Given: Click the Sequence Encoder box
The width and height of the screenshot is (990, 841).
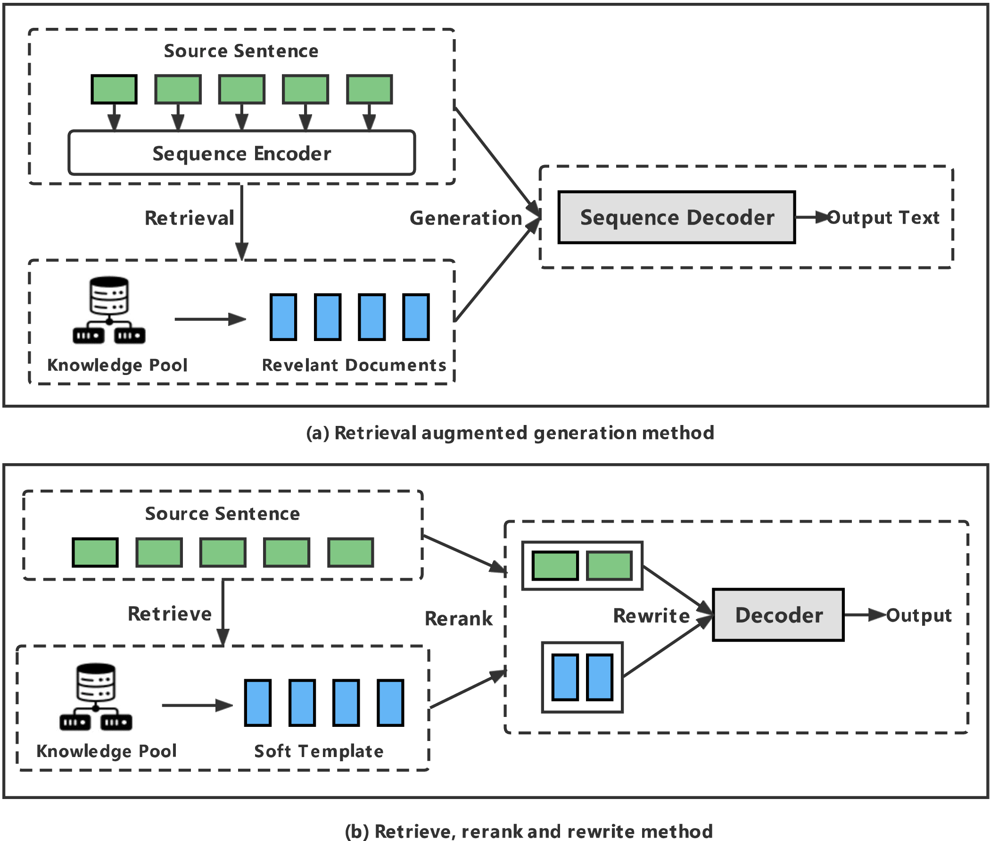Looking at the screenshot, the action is coord(241,152).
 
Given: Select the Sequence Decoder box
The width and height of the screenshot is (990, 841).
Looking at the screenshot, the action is coord(676,217).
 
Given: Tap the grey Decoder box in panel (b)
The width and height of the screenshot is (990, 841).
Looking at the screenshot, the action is coord(778,615).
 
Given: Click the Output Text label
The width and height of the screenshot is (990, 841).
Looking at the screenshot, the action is coord(883,217).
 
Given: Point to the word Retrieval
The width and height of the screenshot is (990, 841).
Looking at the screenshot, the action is coord(189,218).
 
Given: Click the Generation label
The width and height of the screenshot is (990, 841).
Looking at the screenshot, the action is coord(465,218).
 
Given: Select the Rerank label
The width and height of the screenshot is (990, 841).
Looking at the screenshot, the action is coord(458,618).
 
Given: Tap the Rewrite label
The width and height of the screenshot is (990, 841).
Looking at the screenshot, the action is coord(651,616).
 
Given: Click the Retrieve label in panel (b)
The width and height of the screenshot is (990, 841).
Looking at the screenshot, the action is coord(170,614).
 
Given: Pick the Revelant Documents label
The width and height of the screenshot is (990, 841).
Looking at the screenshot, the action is coord(354,365).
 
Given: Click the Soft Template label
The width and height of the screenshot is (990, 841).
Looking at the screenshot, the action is coord(319,751).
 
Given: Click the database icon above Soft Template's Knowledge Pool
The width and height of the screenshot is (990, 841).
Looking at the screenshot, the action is coord(96,696).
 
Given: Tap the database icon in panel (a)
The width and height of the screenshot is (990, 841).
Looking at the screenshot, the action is coord(109,309).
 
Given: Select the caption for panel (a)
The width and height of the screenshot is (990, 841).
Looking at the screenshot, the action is coord(510,433).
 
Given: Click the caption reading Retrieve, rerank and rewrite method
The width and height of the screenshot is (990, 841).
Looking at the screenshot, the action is coord(528,831).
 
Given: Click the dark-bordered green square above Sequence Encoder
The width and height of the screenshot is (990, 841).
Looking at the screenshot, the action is coord(114,89).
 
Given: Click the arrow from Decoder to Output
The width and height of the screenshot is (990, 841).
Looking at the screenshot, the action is coord(865,615).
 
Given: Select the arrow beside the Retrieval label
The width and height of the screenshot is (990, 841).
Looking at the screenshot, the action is coord(241,222).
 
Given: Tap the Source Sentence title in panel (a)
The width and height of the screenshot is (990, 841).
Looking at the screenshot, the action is coord(241,51).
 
